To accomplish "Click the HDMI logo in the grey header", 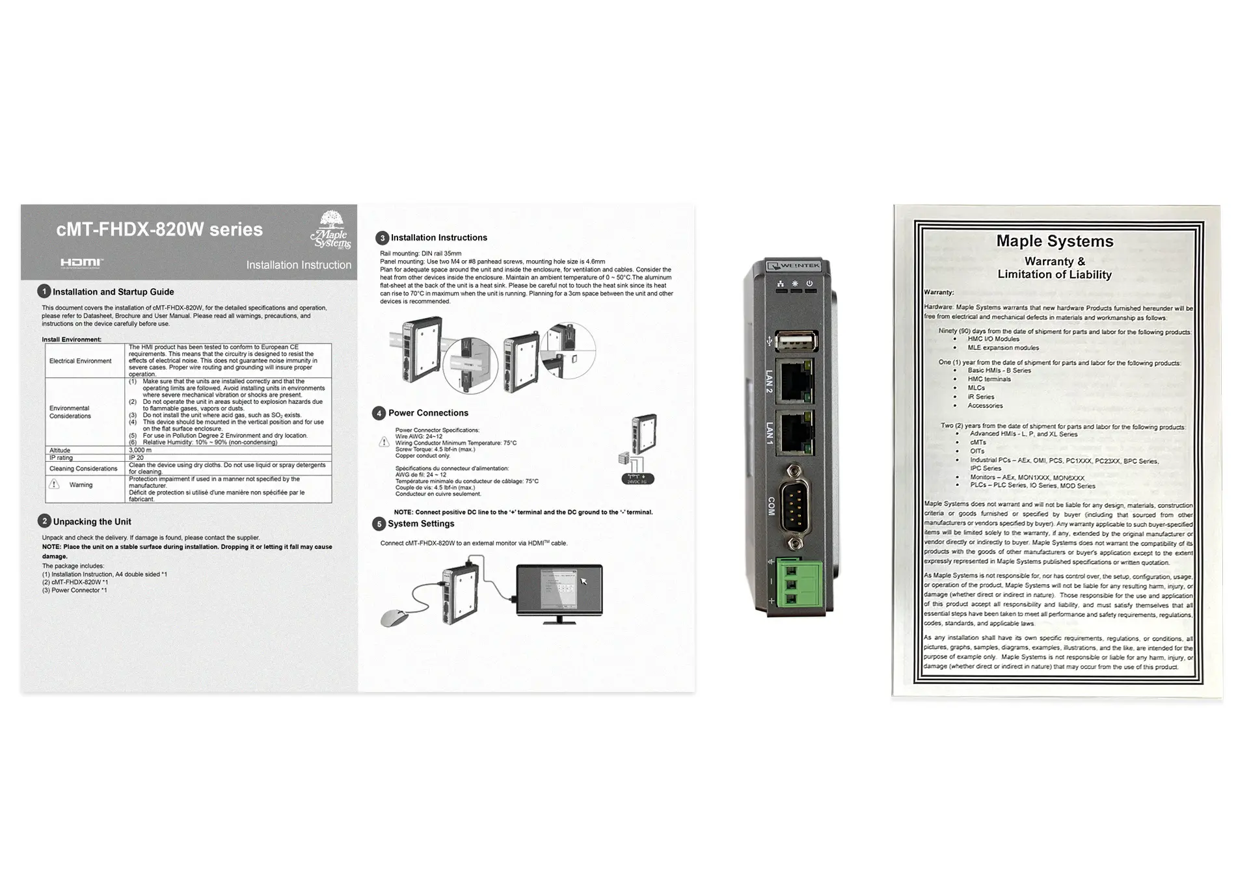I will (x=81, y=263).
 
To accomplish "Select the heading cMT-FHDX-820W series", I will (x=159, y=230).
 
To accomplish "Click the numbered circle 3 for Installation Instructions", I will (x=383, y=238).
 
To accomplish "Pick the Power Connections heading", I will (x=428, y=413).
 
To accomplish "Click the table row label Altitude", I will (x=60, y=450).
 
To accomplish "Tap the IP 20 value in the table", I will (x=136, y=457).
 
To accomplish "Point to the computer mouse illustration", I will (x=396, y=617).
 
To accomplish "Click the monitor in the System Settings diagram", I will (x=559, y=590).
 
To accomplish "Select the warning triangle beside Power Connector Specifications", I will (x=384, y=442).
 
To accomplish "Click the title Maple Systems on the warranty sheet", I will (x=1054, y=241).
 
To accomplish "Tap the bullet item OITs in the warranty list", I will (x=977, y=451).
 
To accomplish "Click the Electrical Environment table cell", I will (x=80, y=361).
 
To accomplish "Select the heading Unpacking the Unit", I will (x=92, y=522).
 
